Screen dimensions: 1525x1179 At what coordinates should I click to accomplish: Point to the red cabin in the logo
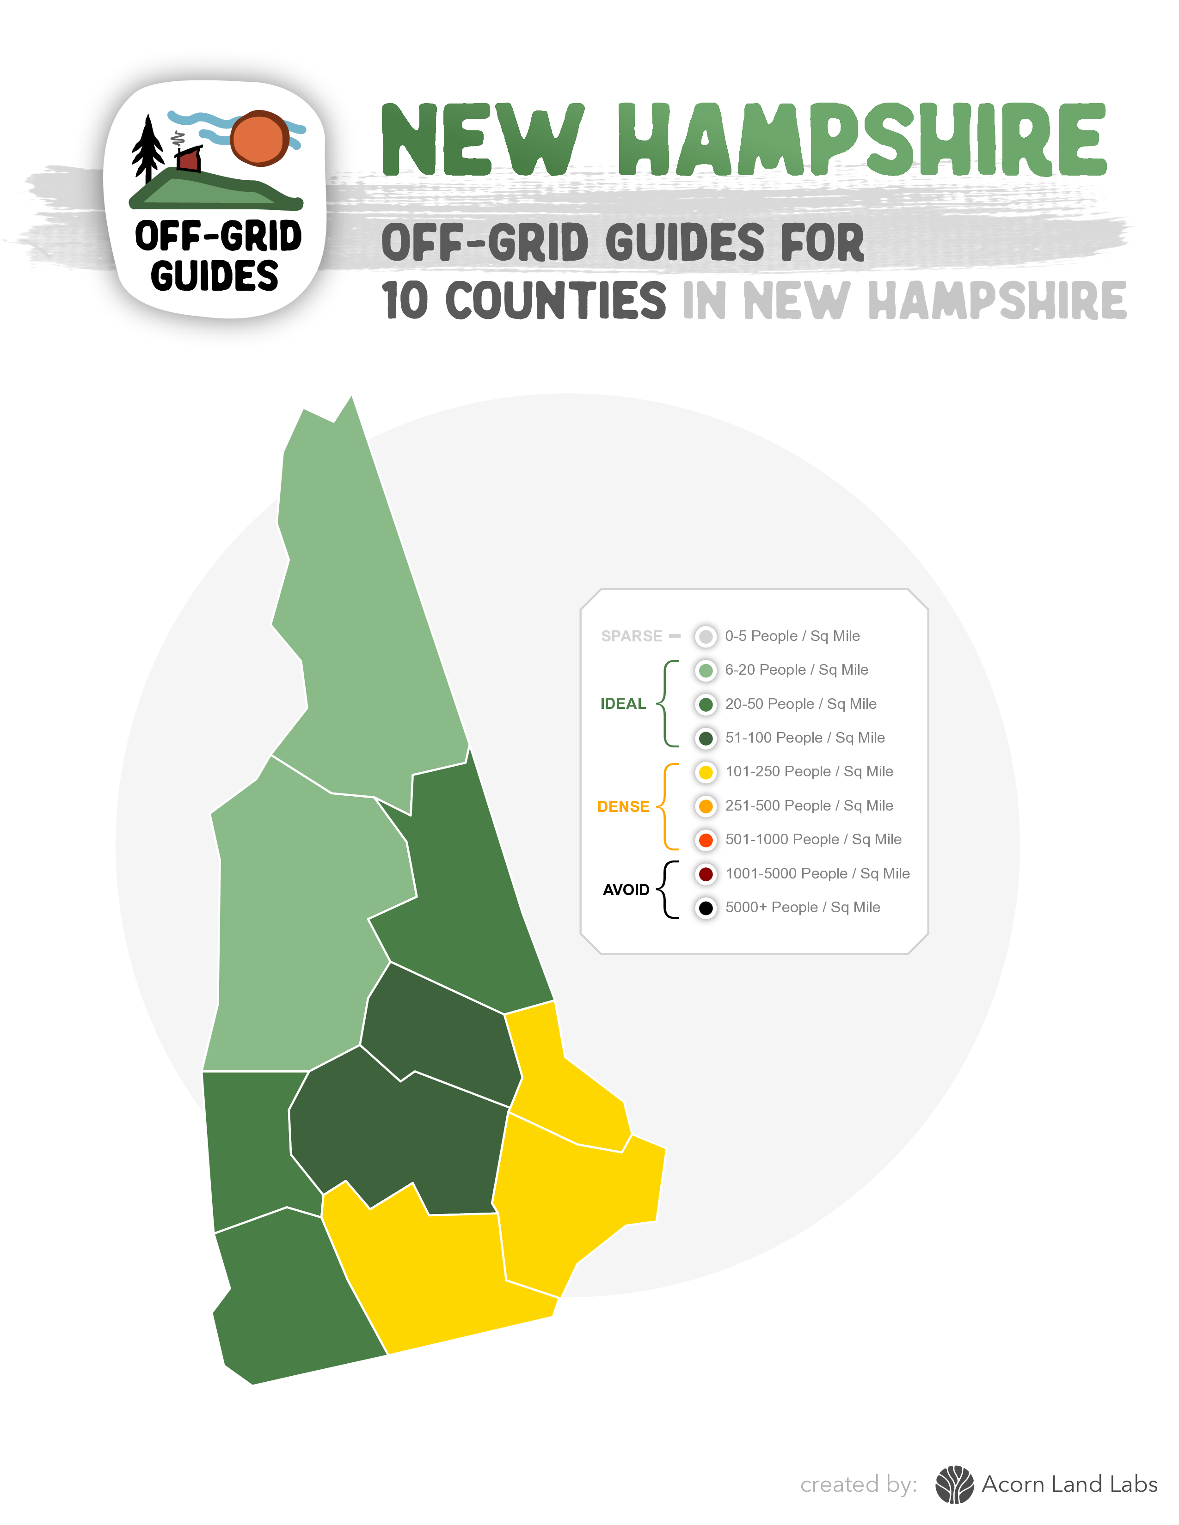click(189, 159)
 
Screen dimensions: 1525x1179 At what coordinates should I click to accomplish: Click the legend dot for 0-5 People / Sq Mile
click(706, 636)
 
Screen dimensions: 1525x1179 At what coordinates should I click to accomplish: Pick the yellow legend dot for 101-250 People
click(706, 772)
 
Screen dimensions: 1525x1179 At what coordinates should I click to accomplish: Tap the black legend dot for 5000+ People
click(706, 907)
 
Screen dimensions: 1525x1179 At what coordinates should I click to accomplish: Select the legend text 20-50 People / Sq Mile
click(800, 704)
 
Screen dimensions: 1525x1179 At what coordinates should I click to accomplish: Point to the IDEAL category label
click(623, 704)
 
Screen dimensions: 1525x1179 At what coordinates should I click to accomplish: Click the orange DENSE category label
click(623, 806)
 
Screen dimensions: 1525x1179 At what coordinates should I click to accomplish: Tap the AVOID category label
click(626, 890)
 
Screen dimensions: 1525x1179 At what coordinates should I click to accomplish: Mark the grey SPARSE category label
click(632, 636)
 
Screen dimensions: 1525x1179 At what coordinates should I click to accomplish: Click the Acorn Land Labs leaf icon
click(954, 1484)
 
